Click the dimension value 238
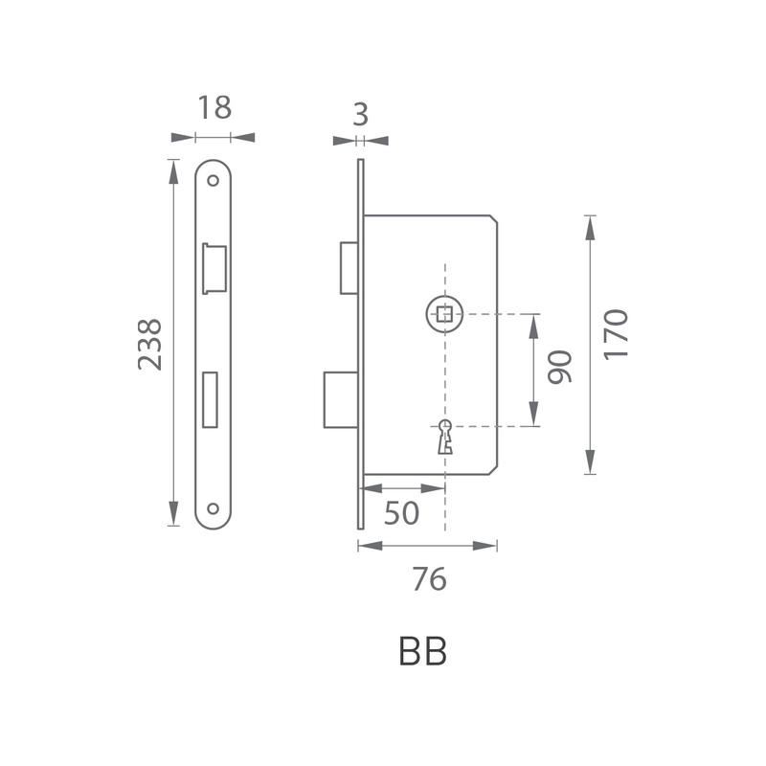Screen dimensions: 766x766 [150, 345]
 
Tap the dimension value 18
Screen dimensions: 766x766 [214, 107]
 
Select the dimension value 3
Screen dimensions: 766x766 [361, 115]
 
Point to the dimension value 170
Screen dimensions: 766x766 [616, 335]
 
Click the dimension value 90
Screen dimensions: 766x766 [559, 367]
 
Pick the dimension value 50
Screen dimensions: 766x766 [401, 513]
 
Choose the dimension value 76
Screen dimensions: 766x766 [429, 579]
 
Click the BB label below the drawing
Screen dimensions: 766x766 [422, 651]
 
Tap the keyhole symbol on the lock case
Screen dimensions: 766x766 [445, 437]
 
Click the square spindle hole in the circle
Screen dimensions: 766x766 [444, 314]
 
